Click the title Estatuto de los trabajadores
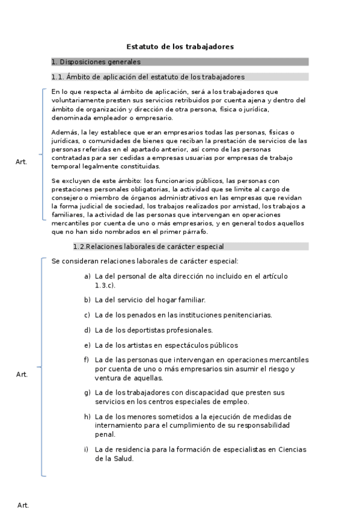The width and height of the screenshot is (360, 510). (180, 46)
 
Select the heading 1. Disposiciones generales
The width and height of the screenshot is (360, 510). (96, 61)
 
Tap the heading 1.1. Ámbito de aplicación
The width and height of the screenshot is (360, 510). (148, 77)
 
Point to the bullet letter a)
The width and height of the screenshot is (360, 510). (87, 277)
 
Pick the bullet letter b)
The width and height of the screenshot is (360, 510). (87, 300)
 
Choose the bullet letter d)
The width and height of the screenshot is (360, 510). (87, 330)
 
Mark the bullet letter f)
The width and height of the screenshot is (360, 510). (87, 360)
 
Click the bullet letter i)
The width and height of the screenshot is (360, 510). (87, 450)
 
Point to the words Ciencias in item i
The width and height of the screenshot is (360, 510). (291, 450)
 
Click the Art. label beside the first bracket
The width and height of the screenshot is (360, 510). (22, 162)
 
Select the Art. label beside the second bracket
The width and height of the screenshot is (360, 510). (22, 375)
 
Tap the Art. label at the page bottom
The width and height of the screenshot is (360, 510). (23, 505)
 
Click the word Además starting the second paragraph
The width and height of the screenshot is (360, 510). (64, 132)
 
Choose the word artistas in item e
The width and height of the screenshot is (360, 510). (143, 345)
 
